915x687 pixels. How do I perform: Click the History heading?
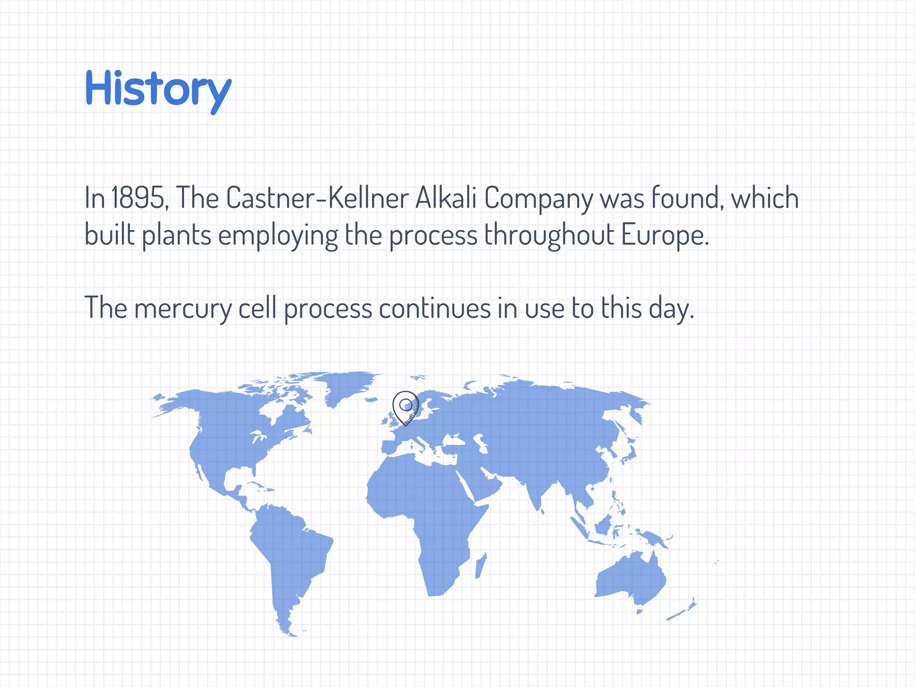coord(158,89)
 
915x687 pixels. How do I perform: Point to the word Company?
coord(538,198)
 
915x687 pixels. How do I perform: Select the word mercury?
coord(183,309)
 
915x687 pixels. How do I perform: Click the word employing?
coord(277,236)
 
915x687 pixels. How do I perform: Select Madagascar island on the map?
coord(480,566)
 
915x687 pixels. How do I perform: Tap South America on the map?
coord(290,555)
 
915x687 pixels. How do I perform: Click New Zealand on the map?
coord(684,611)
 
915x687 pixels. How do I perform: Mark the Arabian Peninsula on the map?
coord(485,481)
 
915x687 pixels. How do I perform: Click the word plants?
coord(176,236)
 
